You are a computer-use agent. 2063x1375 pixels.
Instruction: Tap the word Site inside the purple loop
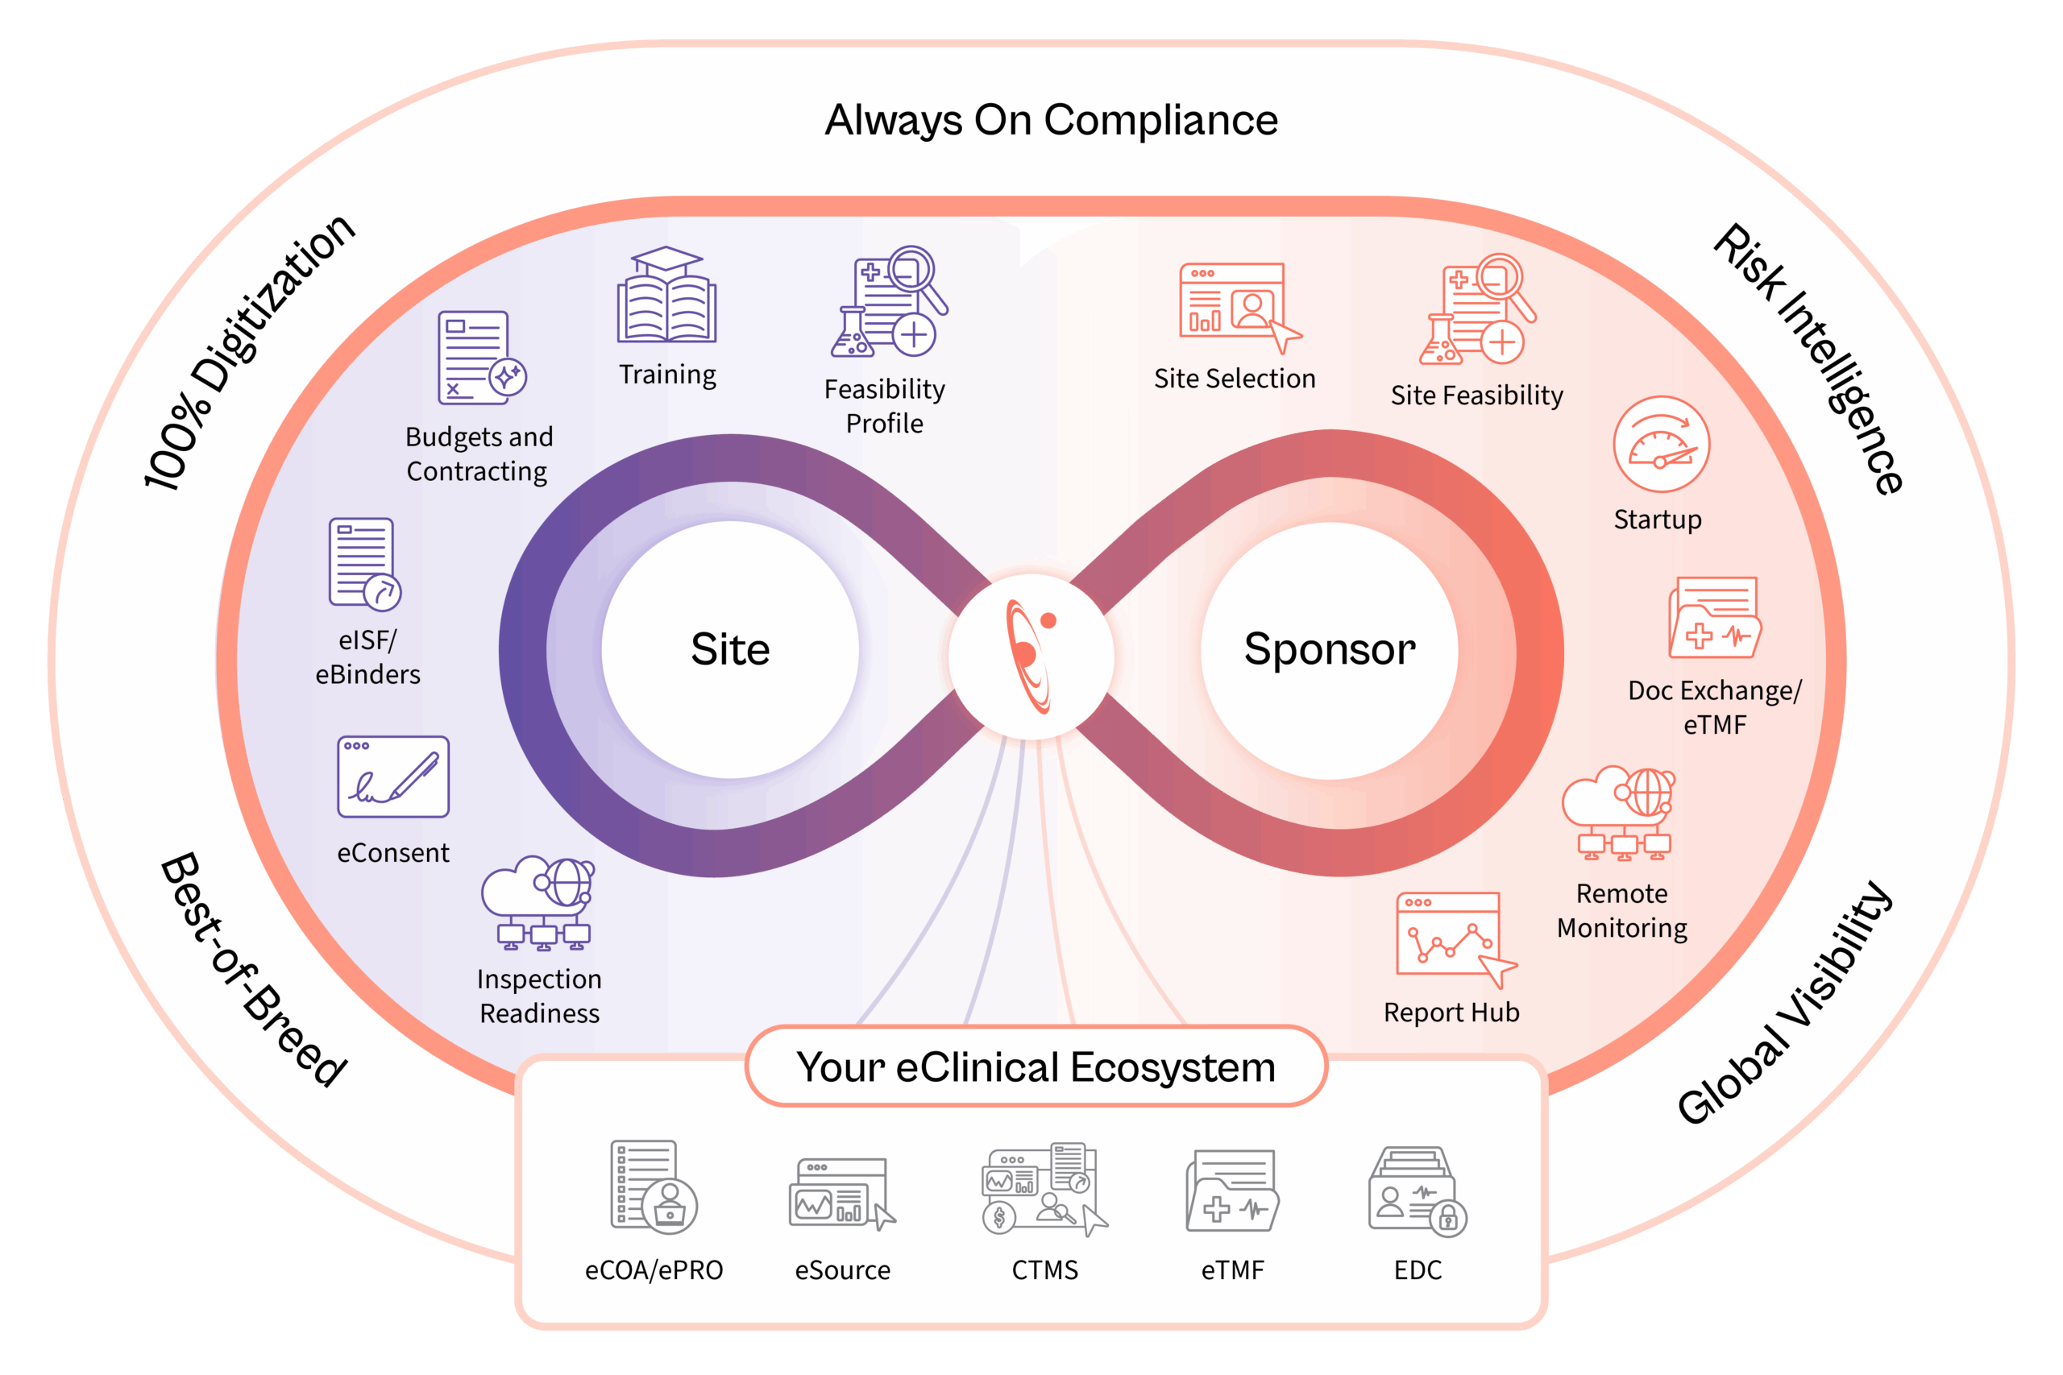pyautogui.click(x=730, y=650)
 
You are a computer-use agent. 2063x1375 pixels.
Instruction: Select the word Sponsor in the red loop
pyautogui.click(x=1329, y=650)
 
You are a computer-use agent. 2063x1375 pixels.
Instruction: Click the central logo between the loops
pyautogui.click(x=1031, y=656)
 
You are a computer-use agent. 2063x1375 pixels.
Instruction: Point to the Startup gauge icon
pyautogui.click(x=1660, y=444)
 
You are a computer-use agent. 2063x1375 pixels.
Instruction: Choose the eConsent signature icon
pyautogui.click(x=393, y=777)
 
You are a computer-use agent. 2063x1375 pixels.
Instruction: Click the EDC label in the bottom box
pyautogui.click(x=1418, y=1269)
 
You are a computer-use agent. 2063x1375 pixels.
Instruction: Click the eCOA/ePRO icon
pyautogui.click(x=654, y=1187)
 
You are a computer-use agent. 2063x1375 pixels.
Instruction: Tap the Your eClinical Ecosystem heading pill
pyautogui.click(x=1035, y=1067)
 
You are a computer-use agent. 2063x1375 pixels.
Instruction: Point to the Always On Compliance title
pyautogui.click(x=1051, y=120)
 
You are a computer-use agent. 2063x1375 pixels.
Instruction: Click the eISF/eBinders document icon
pyautogui.click(x=364, y=564)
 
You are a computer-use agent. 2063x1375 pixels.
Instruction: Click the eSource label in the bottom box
pyautogui.click(x=842, y=1269)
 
